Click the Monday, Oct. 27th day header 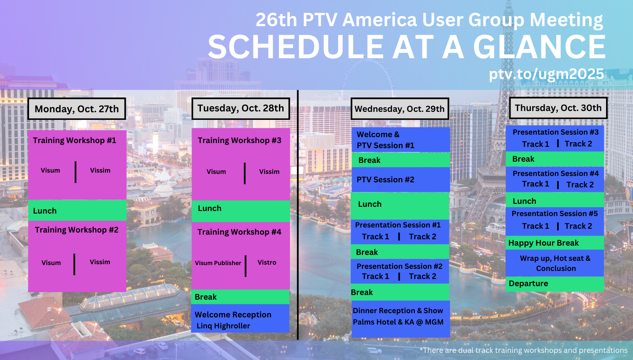tap(76, 109)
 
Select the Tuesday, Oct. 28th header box tap(241, 108)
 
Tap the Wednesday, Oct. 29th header tap(400, 109)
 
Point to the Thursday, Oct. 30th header tap(558, 108)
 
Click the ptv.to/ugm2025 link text tap(546, 74)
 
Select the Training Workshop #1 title tap(75, 141)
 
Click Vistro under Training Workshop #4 tap(267, 262)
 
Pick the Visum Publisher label tap(218, 263)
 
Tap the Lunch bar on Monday tap(77, 211)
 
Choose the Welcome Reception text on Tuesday tap(233, 314)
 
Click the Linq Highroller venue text tap(223, 326)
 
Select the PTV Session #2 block tap(400, 179)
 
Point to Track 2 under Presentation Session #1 tap(422, 236)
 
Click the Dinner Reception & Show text tap(398, 311)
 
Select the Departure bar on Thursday tap(555, 284)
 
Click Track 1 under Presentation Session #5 tap(536, 226)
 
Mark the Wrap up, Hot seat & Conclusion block tap(555, 263)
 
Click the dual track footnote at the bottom tap(523, 350)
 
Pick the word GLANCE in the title tap(539, 47)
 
